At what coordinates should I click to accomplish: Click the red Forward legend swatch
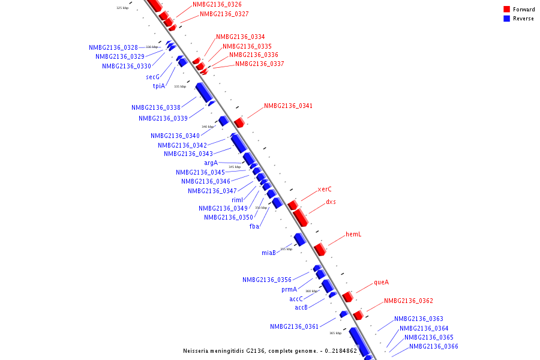point(506,9)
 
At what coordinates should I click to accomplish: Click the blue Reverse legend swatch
point(506,19)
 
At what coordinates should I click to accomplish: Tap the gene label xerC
point(325,189)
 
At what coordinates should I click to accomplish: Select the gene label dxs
point(331,202)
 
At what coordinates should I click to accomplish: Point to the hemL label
point(353,235)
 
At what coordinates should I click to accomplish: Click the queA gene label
point(381,282)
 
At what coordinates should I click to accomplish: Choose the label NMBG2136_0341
point(288,106)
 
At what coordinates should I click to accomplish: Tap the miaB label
point(268,253)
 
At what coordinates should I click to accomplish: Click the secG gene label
point(152,77)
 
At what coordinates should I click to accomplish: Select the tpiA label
point(158,86)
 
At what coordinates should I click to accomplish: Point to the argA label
point(211,163)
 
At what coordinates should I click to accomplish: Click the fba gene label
point(254,226)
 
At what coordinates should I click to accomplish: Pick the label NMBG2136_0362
point(408,301)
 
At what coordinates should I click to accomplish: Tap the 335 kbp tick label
point(180,86)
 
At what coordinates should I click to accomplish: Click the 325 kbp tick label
point(122,8)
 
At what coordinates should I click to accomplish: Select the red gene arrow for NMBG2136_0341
point(239,122)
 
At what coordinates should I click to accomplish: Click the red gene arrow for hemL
point(320,248)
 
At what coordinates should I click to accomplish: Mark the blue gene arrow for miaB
point(300,239)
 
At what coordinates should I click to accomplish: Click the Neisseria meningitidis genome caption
point(270,350)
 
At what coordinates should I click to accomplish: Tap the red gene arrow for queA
point(347,296)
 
